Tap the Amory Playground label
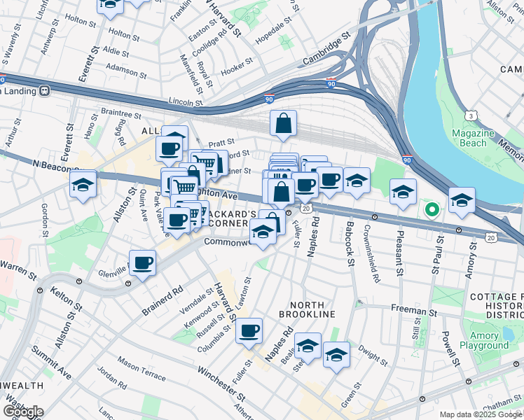pyautogui.click(x=484, y=340)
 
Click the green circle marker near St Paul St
pyautogui.click(x=432, y=208)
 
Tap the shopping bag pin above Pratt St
pyautogui.click(x=283, y=124)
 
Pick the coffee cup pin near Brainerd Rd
pyautogui.click(x=142, y=263)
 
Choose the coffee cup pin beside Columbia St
pyautogui.click(x=249, y=331)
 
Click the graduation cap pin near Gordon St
pyautogui.click(x=83, y=185)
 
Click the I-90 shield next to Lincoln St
pyautogui.click(x=269, y=99)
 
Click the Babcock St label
pyautogui.click(x=348, y=242)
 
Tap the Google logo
pyautogui.click(x=23, y=411)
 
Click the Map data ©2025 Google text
pyautogui.click(x=481, y=414)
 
